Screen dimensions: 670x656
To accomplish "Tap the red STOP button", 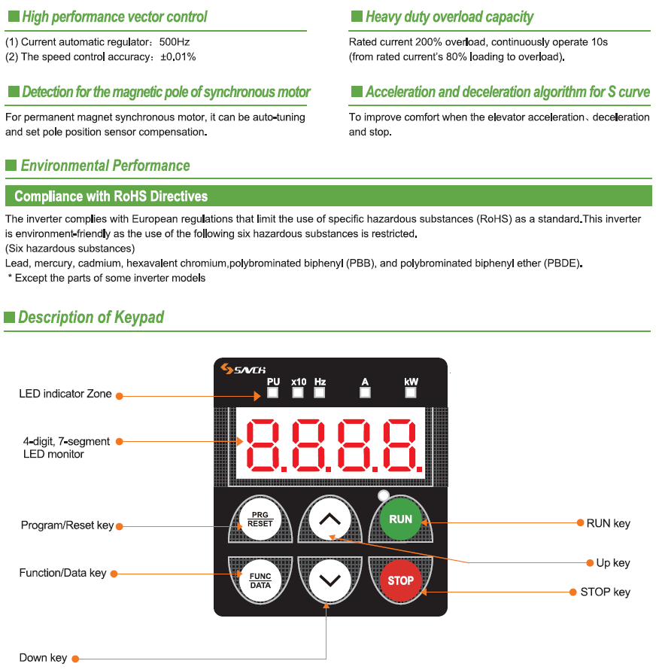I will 400,580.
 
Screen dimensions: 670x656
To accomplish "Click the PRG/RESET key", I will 260,519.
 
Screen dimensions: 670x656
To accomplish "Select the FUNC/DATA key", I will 260,580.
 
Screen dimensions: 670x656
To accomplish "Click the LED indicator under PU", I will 273,392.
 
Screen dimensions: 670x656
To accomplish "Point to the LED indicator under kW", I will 411,392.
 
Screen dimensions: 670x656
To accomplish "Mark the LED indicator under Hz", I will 320,392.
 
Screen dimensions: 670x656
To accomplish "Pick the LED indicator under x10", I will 298,392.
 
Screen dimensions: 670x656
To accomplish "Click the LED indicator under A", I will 365,392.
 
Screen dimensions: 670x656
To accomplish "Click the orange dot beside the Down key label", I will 75,659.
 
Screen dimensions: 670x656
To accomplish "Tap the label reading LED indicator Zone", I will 65,394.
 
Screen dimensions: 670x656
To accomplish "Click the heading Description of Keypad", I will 91,318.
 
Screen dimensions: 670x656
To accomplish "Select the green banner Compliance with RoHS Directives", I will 327,196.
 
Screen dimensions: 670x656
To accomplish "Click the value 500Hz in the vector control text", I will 174,42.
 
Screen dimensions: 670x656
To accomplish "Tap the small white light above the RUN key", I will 384,495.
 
